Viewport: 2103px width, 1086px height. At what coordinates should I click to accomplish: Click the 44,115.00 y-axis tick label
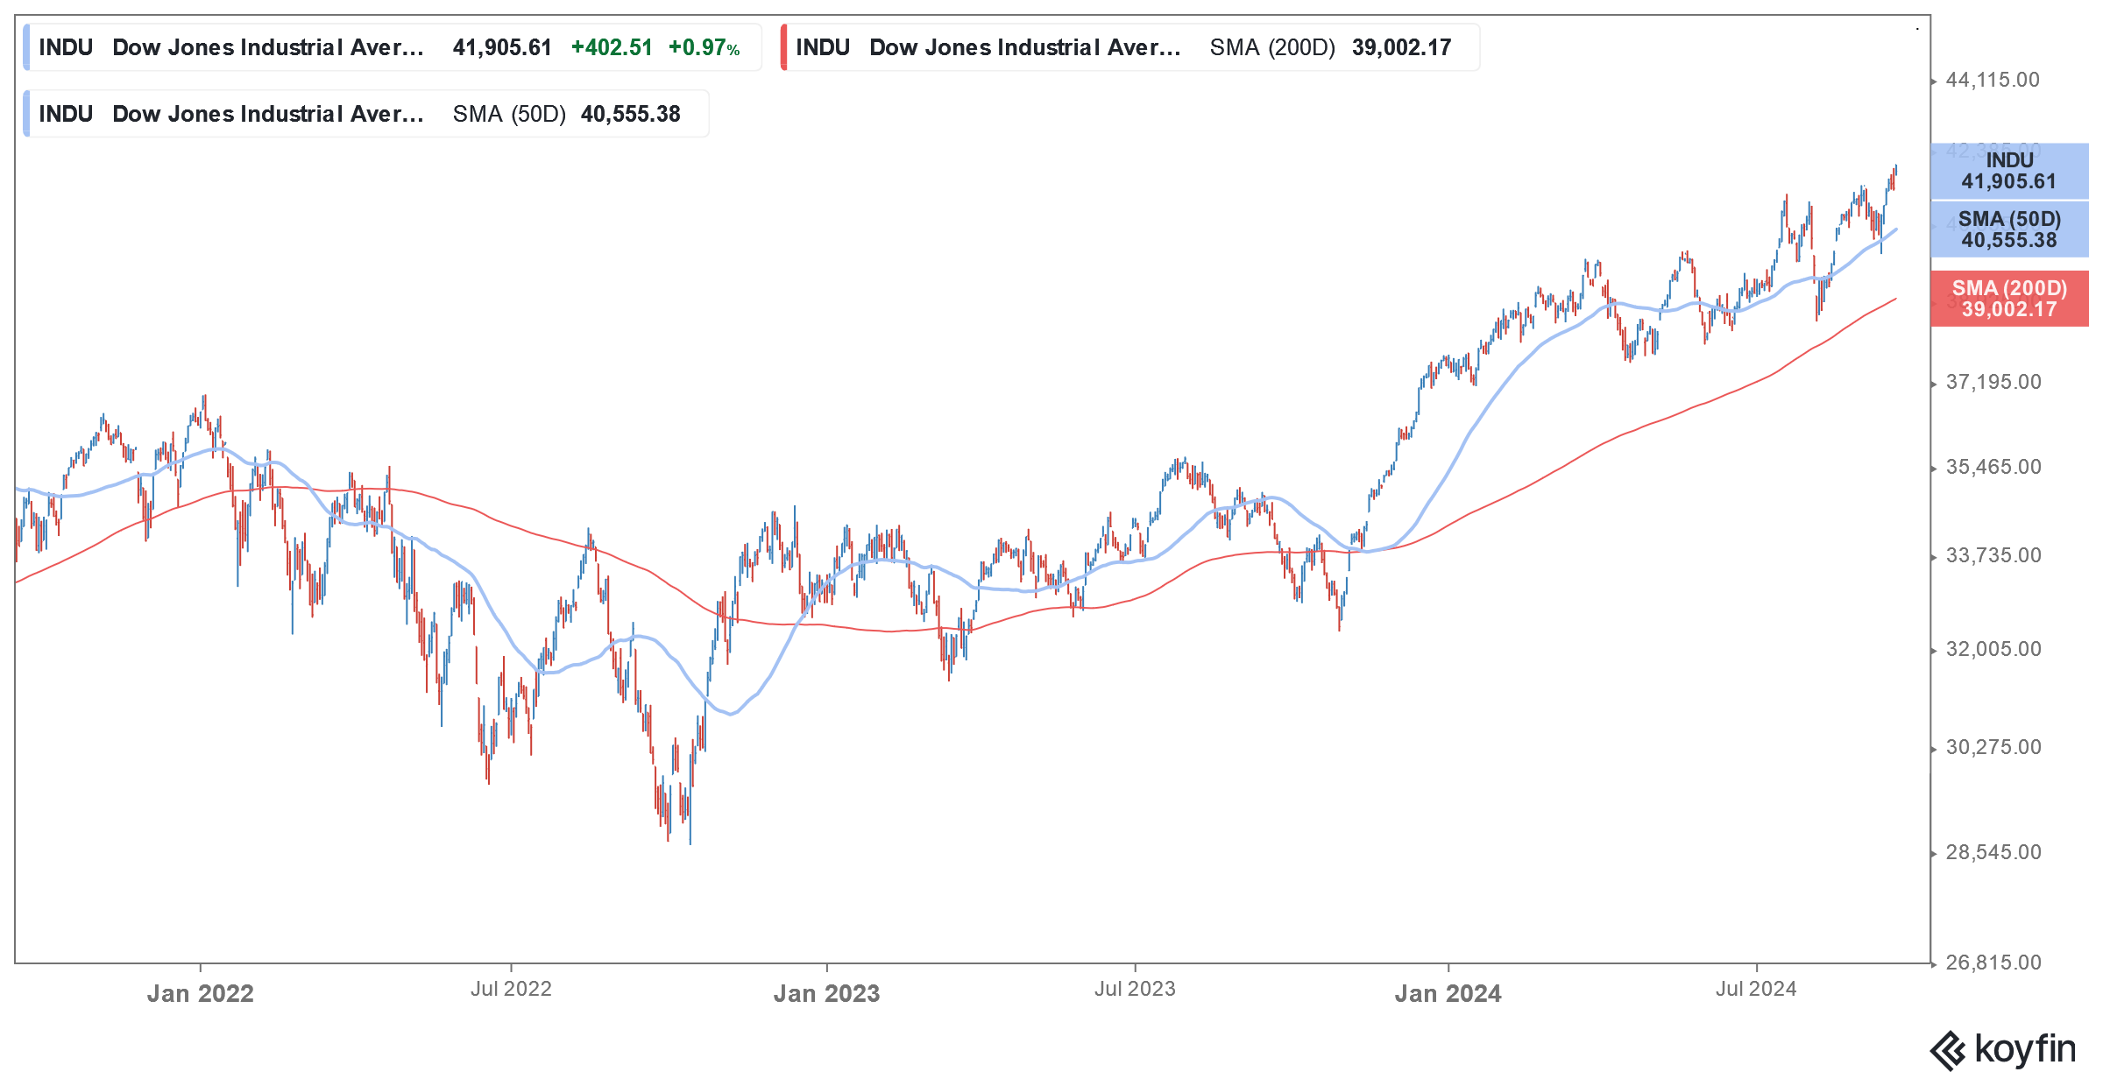tap(1993, 81)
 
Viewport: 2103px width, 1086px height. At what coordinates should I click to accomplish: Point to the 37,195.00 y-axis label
tap(1993, 383)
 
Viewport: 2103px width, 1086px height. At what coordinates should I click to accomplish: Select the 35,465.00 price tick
tap(1993, 468)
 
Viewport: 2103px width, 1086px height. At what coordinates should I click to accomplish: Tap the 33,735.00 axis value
tap(1993, 556)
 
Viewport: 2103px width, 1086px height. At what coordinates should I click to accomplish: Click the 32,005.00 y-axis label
tap(1993, 650)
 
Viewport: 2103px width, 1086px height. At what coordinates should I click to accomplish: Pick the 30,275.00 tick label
tap(1993, 748)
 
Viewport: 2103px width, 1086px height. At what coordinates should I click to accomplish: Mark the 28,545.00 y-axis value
tap(1993, 853)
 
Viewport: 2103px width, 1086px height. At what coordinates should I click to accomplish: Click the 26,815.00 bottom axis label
tap(1993, 963)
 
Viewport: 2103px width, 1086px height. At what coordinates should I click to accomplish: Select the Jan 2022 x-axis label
tap(200, 994)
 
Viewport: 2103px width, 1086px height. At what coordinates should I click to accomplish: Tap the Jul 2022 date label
tap(511, 990)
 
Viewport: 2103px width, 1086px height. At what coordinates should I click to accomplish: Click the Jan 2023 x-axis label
tap(826, 994)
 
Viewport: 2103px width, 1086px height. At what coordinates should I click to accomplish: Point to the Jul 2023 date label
tap(1135, 990)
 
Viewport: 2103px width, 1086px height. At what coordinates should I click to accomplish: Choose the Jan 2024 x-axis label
tap(1448, 994)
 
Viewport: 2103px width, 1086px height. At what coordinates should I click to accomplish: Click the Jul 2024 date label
tap(1756, 990)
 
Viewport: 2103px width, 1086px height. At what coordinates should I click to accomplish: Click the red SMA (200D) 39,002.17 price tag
tap(2009, 300)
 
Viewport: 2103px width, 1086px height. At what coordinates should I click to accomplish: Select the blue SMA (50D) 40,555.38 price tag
tap(2009, 229)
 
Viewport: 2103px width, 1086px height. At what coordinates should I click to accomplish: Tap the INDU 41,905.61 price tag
tap(2009, 172)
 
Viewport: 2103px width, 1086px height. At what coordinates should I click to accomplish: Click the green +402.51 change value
tap(612, 48)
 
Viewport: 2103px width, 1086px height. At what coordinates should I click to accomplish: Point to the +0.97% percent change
tap(704, 48)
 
